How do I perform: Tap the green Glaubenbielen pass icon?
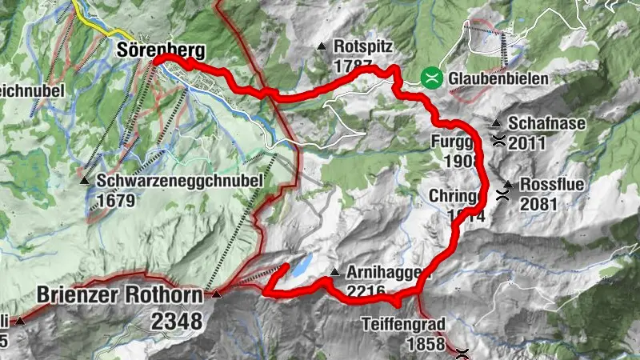431,78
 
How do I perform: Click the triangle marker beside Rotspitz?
321,47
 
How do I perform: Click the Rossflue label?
552,185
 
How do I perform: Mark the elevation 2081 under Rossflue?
538,204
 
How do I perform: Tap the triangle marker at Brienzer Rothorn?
216,295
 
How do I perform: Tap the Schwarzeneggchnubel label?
180,181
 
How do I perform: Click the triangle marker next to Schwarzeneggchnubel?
85,181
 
